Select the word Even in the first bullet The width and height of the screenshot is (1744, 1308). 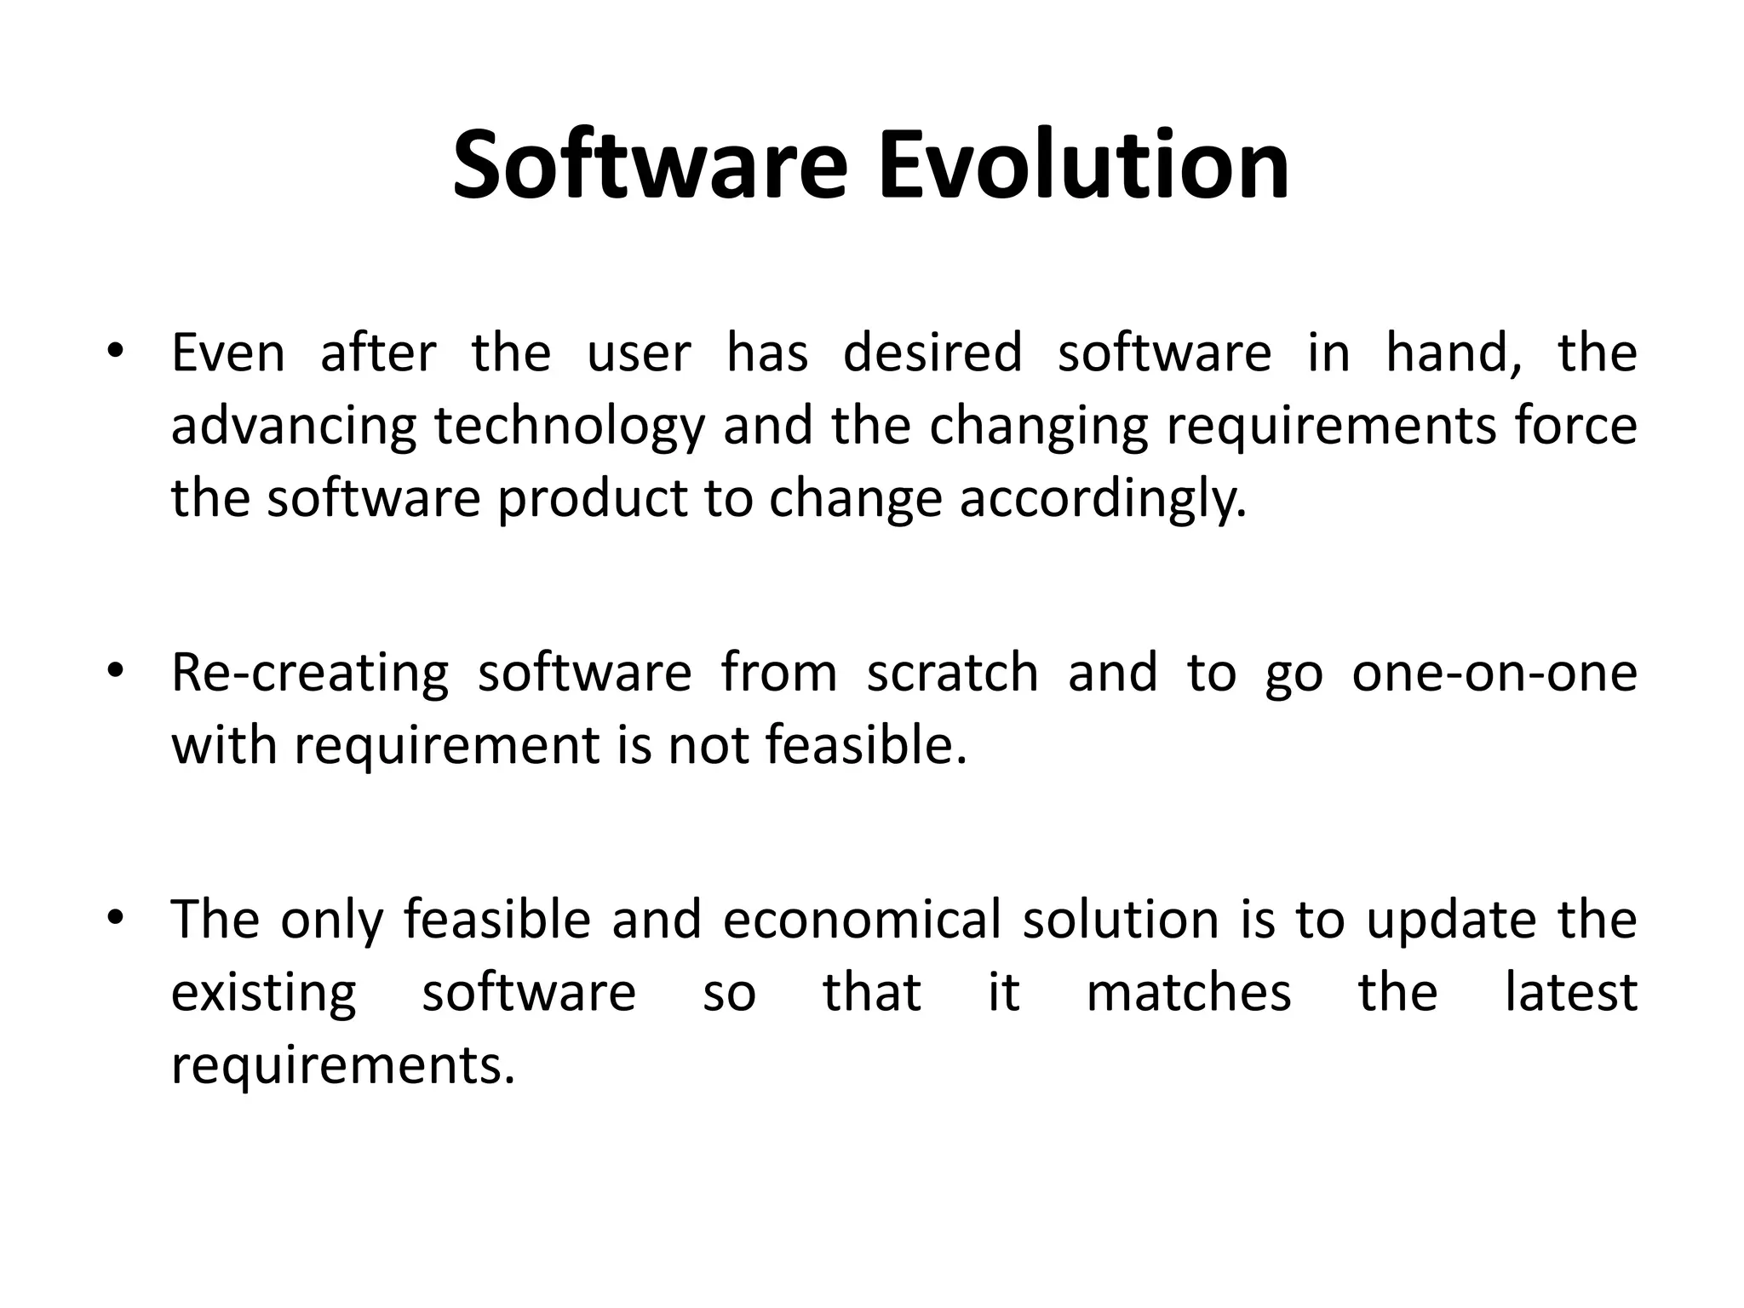(228, 353)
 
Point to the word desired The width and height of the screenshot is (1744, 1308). (932, 353)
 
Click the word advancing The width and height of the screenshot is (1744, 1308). (294, 427)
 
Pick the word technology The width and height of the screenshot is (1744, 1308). (570, 427)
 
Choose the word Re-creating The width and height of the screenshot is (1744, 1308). (310, 674)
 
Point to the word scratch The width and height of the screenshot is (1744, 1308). (952, 673)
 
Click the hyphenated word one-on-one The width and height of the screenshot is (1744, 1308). (1494, 673)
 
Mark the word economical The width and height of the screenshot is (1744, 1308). (862, 921)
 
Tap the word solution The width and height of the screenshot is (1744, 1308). (1121, 921)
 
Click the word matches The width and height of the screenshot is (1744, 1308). (1189, 993)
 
